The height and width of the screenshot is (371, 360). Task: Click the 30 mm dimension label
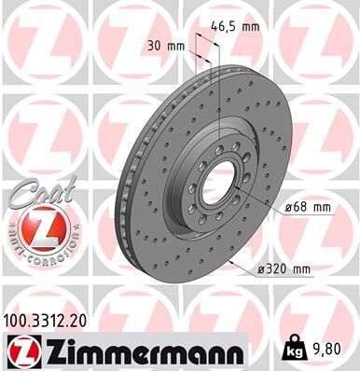[165, 46]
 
